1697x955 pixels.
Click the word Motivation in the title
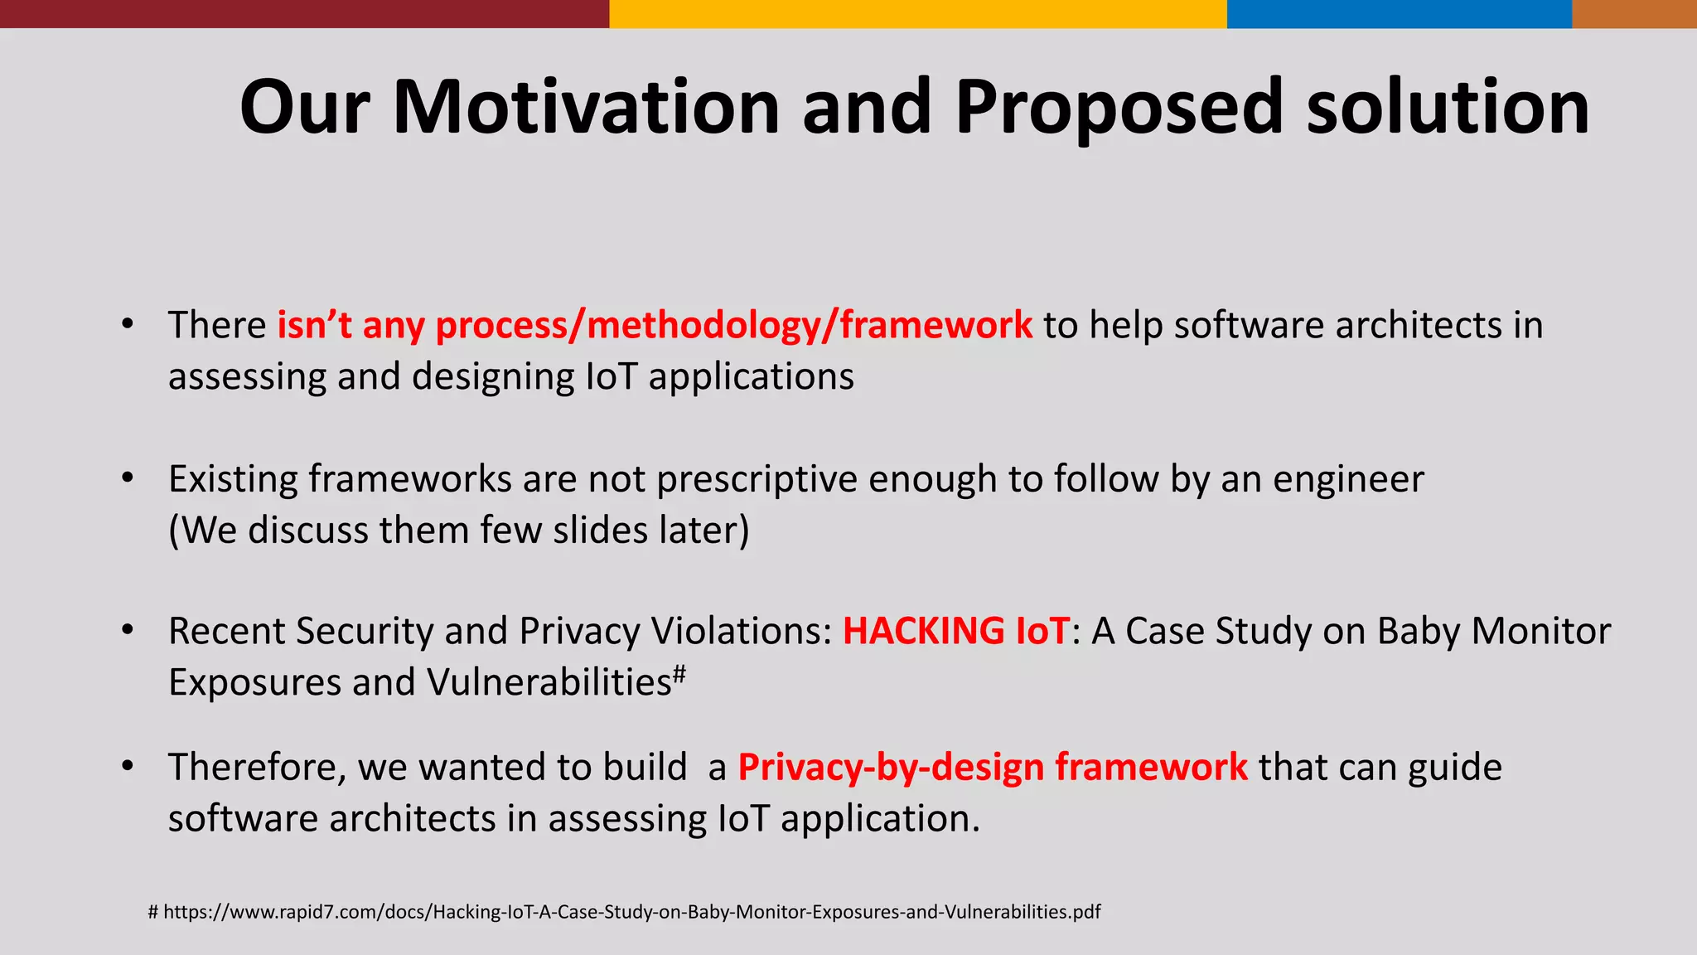pos(586,108)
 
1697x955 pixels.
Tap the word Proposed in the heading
pos(1119,108)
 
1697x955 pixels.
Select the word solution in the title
pos(1448,108)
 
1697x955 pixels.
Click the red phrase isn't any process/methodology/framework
pos(655,325)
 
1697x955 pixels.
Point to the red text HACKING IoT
pos(956,631)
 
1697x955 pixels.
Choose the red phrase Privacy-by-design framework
pos(992,767)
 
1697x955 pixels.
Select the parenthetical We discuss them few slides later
pos(458,531)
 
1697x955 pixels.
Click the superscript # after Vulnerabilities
pos(679,673)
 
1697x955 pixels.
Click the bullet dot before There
pos(127,324)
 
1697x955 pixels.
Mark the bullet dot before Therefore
pos(127,767)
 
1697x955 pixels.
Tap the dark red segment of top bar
pos(304,13)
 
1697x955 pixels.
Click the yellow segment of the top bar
pos(917,13)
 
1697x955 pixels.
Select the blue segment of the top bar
pos(1399,13)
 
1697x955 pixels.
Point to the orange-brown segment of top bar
pos(1634,13)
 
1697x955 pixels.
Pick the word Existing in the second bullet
pos(232,479)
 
